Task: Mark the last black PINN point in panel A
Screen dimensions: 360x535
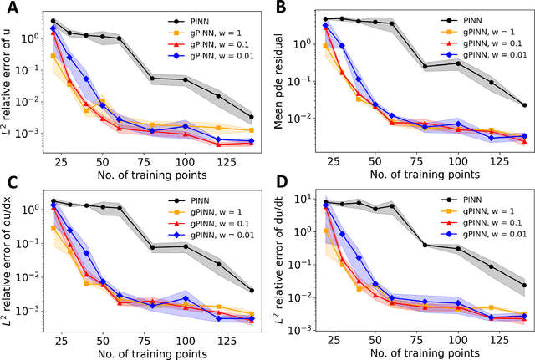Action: coord(252,117)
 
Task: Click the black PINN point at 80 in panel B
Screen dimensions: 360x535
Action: coord(425,67)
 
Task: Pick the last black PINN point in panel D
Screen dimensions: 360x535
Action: coord(523,286)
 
